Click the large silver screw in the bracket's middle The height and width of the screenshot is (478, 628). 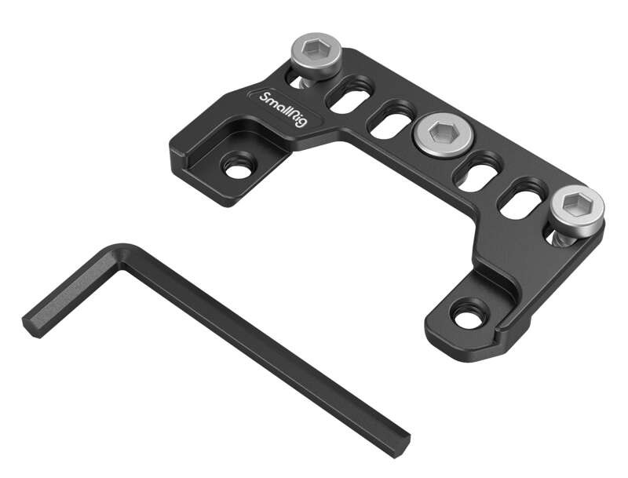(x=440, y=135)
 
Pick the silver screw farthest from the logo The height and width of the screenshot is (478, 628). (x=576, y=207)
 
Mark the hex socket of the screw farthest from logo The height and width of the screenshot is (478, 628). (x=577, y=204)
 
